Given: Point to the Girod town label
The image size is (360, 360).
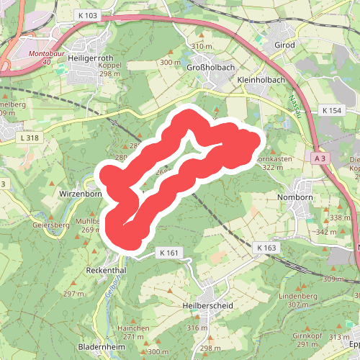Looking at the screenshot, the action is click(284, 45).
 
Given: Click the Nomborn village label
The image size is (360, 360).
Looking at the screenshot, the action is click(295, 196).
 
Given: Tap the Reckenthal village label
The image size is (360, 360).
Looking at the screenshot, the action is click(107, 269).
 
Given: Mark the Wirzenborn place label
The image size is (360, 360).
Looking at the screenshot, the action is click(81, 194).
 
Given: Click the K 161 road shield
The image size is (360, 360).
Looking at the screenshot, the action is click(166, 253).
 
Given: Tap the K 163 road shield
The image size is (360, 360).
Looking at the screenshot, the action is click(266, 248).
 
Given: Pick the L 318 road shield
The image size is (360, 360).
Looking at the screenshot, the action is click(31, 138).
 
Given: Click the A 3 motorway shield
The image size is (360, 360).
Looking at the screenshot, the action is click(320, 156).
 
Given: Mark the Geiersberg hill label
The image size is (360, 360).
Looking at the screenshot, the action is click(50, 225).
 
